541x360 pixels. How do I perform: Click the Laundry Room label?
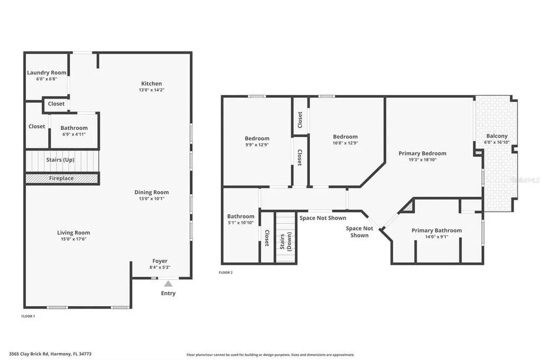tap(47, 72)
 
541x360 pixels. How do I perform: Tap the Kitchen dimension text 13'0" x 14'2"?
tap(151, 90)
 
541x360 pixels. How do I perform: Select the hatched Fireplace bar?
tap(62, 179)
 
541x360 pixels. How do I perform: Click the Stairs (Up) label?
tap(61, 159)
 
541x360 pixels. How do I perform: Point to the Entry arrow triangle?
tap(168, 284)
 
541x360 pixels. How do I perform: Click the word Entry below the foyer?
tap(168, 293)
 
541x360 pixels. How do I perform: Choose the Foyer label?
tap(160, 261)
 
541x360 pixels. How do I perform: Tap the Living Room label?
tap(73, 232)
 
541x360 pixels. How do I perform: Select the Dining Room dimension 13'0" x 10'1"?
tap(152, 199)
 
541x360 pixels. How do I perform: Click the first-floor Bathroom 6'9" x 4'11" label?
tap(74, 128)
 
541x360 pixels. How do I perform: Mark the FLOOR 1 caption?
tap(27, 316)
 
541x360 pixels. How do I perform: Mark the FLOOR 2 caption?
tap(226, 272)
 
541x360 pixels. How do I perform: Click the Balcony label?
tap(497, 136)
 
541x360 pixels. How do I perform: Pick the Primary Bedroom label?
tap(422, 153)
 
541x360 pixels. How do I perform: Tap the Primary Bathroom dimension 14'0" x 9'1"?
tap(436, 237)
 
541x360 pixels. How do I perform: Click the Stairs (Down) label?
tap(286, 241)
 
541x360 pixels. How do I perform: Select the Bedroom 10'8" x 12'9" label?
tap(345, 137)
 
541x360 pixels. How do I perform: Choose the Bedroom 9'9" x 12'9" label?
tap(257, 138)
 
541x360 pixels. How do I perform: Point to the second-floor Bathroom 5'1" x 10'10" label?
tap(240, 216)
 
